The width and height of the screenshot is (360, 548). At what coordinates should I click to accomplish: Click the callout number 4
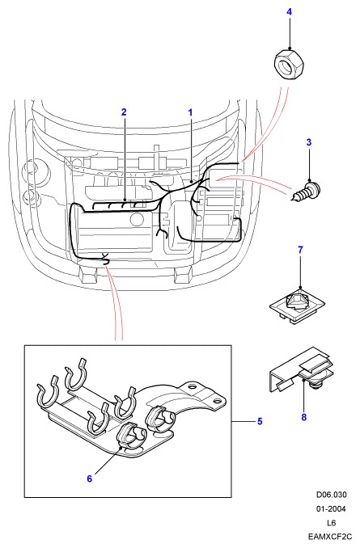pyautogui.click(x=289, y=12)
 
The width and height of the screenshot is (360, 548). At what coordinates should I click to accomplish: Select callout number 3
pyautogui.click(x=308, y=142)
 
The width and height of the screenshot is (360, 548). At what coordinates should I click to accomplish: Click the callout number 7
pyautogui.click(x=300, y=250)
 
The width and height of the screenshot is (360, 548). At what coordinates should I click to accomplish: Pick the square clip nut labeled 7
pyautogui.click(x=298, y=305)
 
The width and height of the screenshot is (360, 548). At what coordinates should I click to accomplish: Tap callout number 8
pyautogui.click(x=303, y=417)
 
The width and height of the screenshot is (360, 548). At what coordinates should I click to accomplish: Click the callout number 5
pyautogui.click(x=260, y=421)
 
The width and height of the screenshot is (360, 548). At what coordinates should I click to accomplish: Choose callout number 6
pyautogui.click(x=90, y=478)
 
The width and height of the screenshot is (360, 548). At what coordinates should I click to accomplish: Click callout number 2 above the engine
pyautogui.click(x=124, y=112)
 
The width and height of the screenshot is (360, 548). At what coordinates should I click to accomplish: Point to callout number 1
pyautogui.click(x=190, y=112)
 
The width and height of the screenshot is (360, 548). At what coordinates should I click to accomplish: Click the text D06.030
pyautogui.click(x=332, y=495)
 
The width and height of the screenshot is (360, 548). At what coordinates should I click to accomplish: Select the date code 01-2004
pyautogui.click(x=331, y=509)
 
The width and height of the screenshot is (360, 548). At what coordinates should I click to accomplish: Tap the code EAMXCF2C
pyautogui.click(x=330, y=537)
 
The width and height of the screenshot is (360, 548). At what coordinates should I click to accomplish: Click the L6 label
pyautogui.click(x=332, y=523)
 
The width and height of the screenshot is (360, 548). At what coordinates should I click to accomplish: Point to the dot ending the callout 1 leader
pyautogui.click(x=191, y=182)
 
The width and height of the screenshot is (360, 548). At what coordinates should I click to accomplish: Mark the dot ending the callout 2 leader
pyautogui.click(x=125, y=200)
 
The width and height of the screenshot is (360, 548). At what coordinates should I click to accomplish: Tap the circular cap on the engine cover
pyautogui.click(x=137, y=220)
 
